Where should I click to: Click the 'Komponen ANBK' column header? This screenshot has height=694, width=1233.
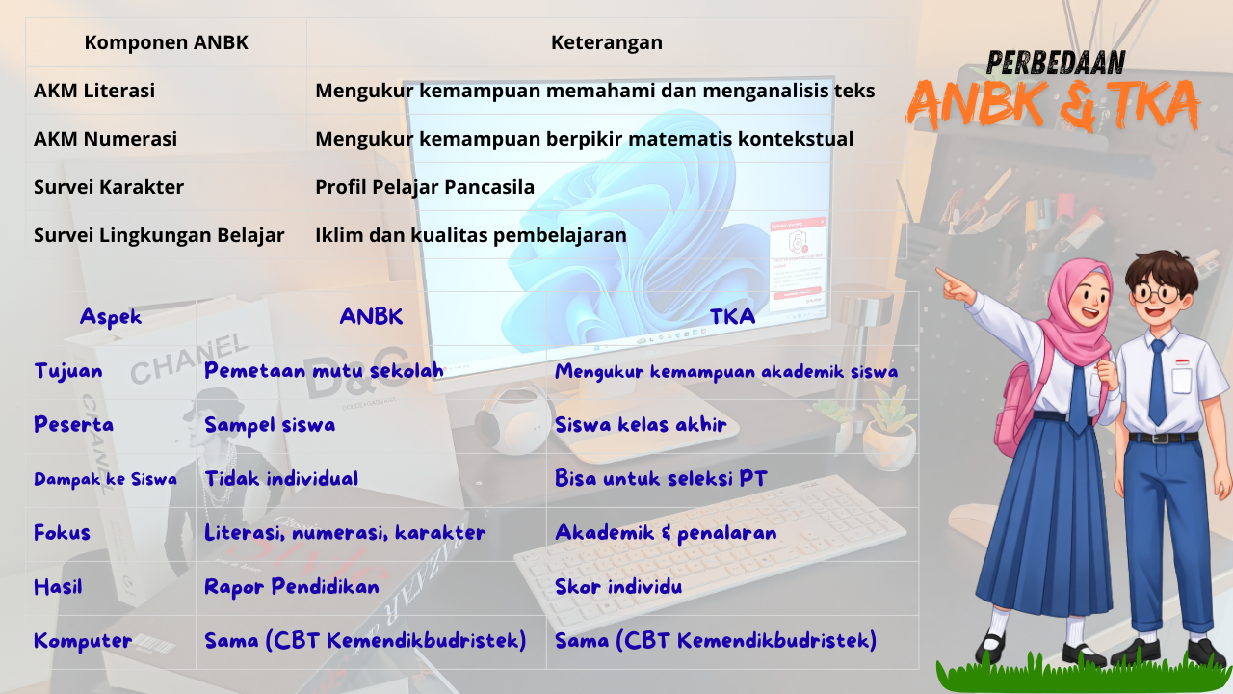[166, 42]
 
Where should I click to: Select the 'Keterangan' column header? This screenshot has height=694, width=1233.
[606, 42]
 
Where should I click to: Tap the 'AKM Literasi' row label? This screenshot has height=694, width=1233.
[94, 91]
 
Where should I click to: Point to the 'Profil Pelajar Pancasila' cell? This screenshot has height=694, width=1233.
[425, 187]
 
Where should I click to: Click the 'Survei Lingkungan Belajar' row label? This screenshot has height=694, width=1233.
[159, 235]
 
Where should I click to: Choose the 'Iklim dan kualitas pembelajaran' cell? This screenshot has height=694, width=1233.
[471, 235]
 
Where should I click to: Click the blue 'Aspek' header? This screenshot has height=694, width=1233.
[111, 317]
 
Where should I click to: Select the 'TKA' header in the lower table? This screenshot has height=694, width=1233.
[732, 317]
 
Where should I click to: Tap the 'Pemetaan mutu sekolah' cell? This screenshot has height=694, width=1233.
[324, 371]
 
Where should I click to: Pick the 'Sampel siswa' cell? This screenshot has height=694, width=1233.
[270, 425]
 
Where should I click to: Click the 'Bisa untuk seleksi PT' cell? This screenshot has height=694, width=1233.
[661, 479]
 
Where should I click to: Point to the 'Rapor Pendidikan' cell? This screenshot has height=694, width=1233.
[291, 587]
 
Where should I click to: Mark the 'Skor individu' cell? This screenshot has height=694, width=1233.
[618, 587]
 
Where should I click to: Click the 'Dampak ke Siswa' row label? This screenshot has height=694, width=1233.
[105, 479]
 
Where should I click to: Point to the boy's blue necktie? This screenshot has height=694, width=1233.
[1157, 381]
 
